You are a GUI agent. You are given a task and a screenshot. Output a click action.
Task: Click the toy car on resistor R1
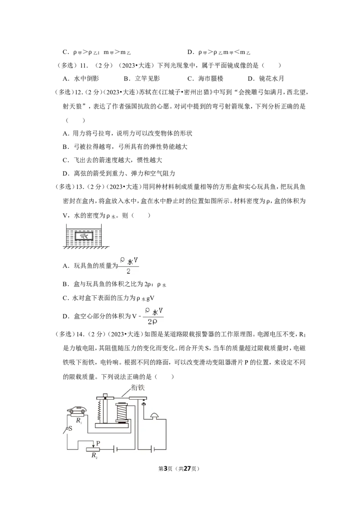click(x=76, y=411)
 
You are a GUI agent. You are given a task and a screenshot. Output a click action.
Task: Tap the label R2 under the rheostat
click(x=94, y=455)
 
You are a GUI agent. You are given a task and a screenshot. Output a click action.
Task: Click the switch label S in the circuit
click(x=71, y=429)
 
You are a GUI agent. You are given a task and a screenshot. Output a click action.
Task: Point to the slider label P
click(x=98, y=443)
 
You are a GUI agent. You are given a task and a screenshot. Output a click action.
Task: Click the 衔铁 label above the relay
click(x=138, y=387)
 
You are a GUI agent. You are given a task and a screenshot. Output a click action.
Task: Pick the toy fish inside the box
click(x=84, y=236)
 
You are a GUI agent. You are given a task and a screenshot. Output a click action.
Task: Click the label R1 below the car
click(x=79, y=421)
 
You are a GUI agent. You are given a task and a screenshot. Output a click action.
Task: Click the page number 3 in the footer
click(x=166, y=469)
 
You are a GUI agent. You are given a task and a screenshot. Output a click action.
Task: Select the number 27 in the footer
click(x=187, y=469)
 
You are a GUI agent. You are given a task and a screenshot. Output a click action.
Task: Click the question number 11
click(x=84, y=65)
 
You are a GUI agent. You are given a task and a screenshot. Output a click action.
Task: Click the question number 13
click(x=80, y=187)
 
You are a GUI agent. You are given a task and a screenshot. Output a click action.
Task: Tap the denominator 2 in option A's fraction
click(x=128, y=271)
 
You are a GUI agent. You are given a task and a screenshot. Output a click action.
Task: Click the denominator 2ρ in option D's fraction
click(x=153, y=321)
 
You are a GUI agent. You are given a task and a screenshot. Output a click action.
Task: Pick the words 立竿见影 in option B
click(x=148, y=79)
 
